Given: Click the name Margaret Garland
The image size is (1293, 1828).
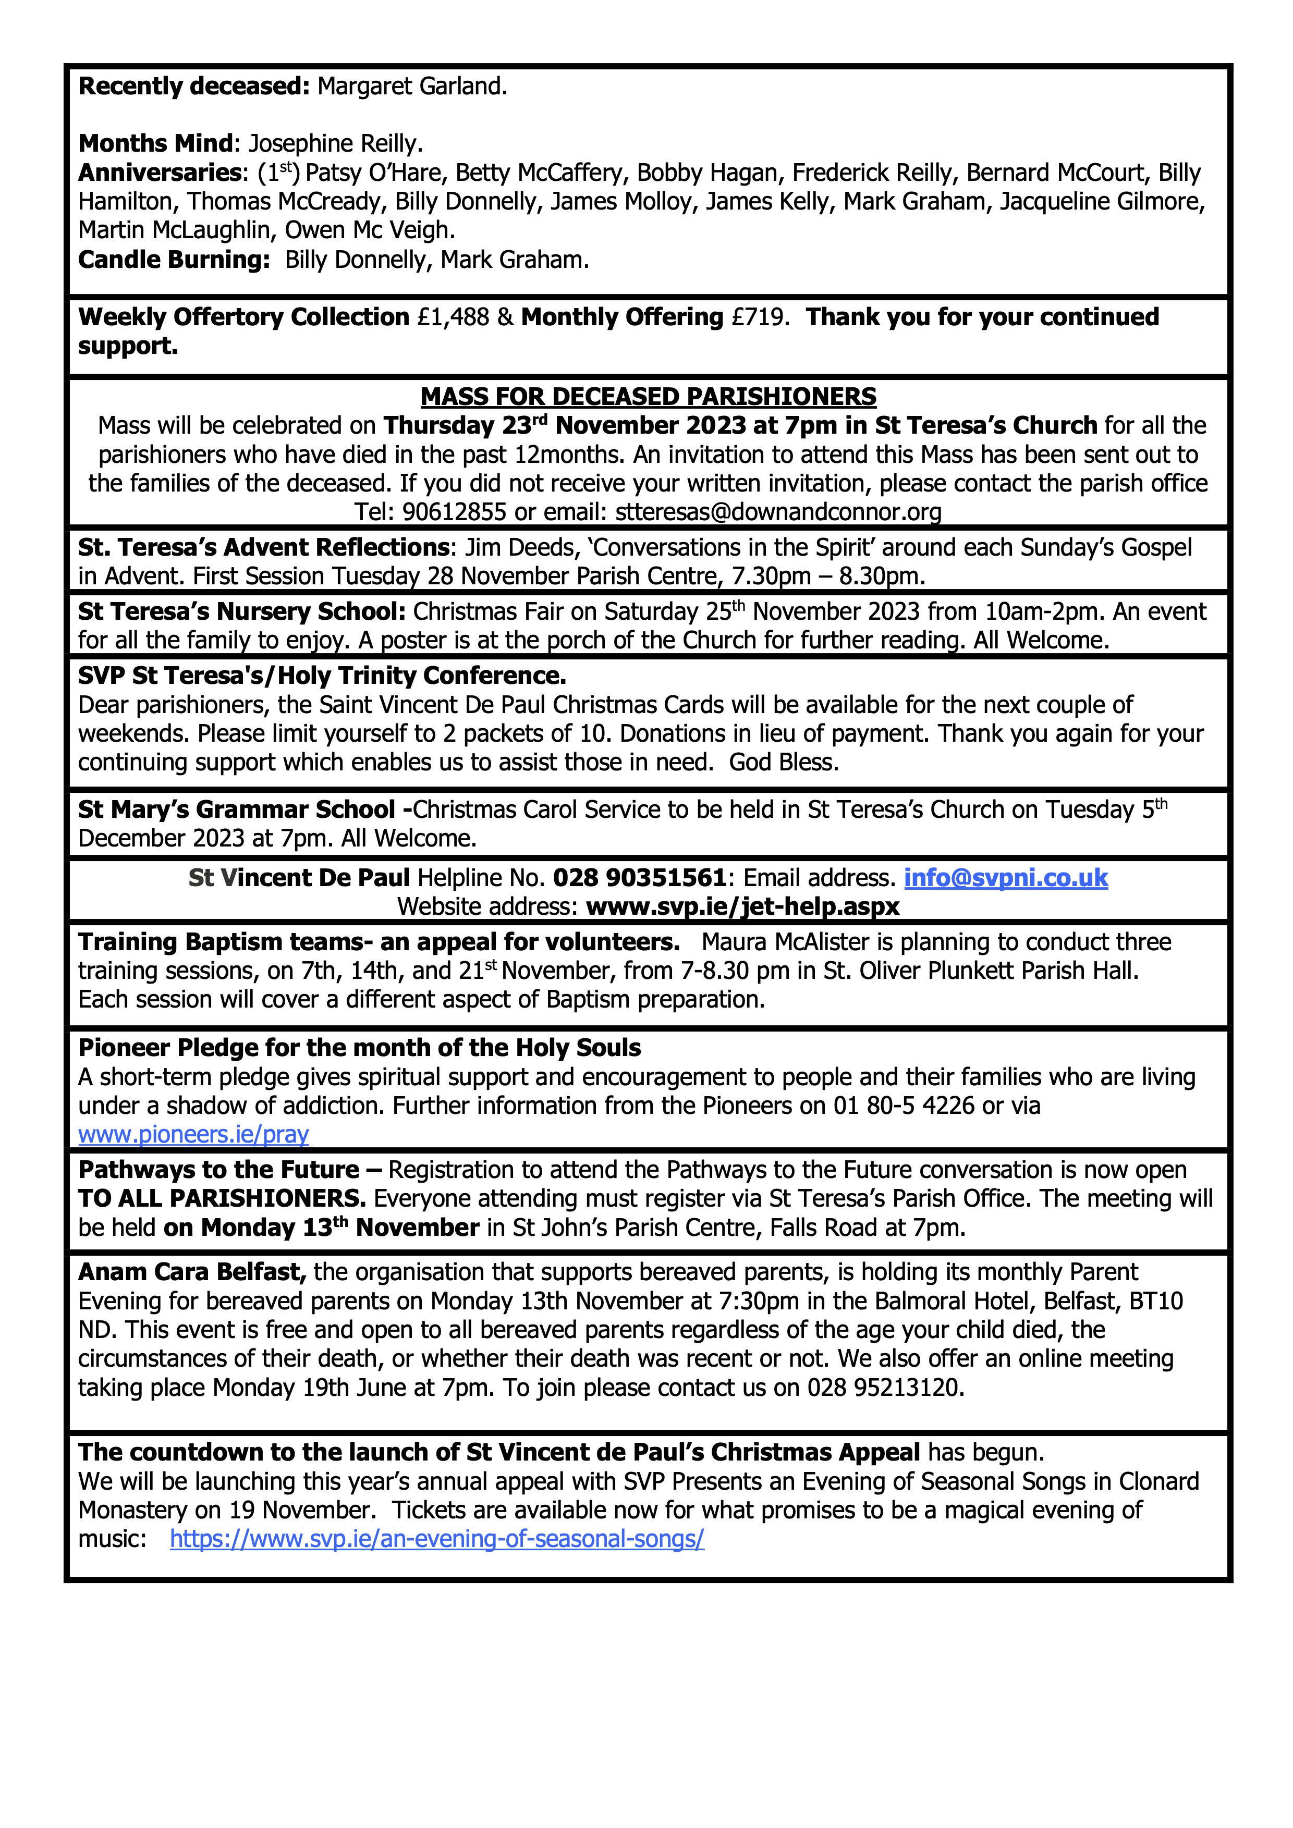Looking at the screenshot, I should (412, 87).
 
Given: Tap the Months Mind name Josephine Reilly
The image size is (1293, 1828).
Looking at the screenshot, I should (335, 144).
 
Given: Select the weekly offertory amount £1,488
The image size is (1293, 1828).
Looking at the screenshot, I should (453, 317).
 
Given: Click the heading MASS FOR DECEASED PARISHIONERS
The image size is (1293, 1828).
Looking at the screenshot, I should (648, 397).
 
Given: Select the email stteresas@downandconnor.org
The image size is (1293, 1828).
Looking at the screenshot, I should (778, 512).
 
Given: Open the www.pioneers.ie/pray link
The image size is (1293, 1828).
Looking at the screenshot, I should (193, 1135).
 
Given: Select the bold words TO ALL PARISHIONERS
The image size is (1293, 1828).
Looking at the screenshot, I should (222, 1199).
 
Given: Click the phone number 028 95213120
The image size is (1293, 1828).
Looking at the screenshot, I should (885, 1388).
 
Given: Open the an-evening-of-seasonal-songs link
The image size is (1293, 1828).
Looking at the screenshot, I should (437, 1539).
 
